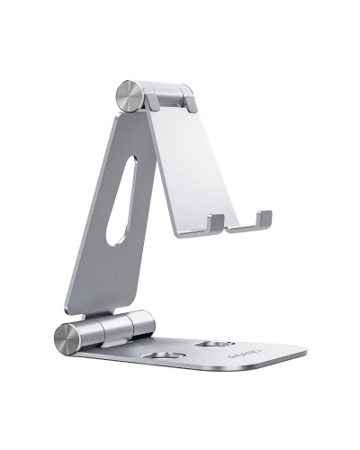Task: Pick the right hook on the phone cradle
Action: (262, 219)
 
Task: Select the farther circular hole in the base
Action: (214, 343)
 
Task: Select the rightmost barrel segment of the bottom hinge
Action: (142, 326)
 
